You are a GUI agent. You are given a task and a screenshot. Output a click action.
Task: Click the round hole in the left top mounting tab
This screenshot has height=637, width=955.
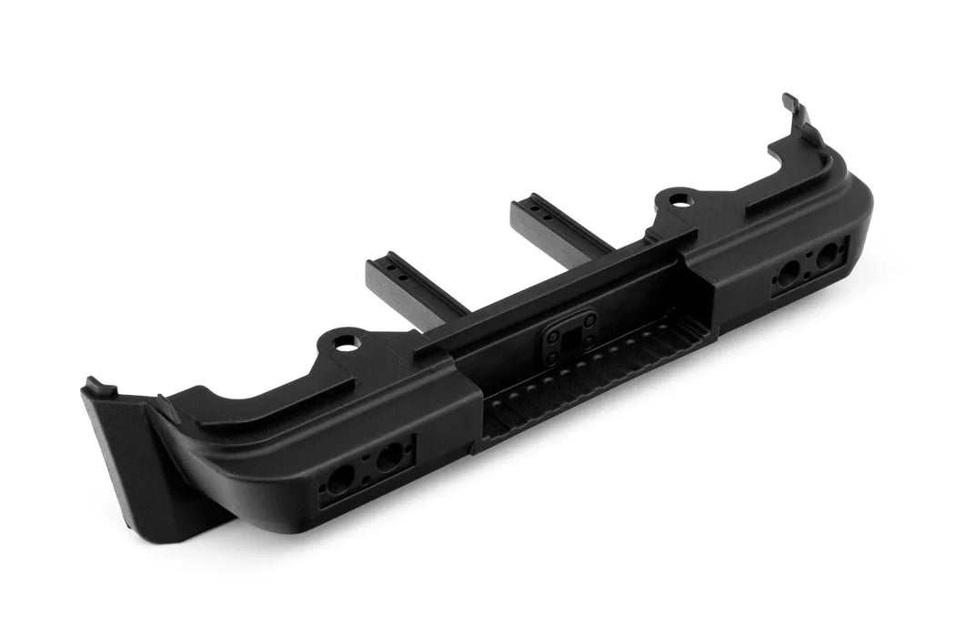pyautogui.click(x=346, y=343)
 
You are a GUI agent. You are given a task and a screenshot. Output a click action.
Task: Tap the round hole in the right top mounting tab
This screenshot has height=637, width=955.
pyautogui.click(x=678, y=198)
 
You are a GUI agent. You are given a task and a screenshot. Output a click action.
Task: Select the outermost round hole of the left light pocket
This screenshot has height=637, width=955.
pyautogui.click(x=339, y=480)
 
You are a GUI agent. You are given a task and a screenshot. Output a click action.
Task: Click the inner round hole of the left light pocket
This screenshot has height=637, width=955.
pyautogui.click(x=388, y=458)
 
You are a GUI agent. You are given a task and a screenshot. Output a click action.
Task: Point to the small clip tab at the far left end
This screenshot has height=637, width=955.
pyautogui.click(x=100, y=386)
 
